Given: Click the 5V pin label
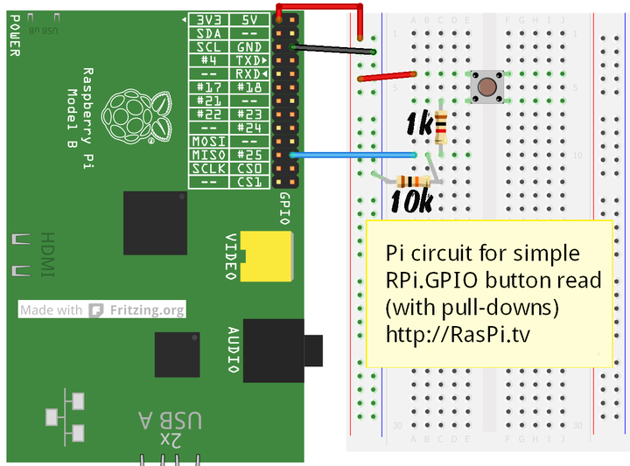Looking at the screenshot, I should coord(249,19).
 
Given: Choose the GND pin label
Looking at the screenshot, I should coord(249,46).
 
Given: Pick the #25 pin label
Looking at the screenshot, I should coord(249,154).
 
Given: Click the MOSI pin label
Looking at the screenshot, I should coord(208,141).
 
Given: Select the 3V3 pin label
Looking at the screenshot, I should coord(208,19).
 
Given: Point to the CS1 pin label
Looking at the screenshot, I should coord(249,181).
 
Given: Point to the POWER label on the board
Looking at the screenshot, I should coord(14,35).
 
